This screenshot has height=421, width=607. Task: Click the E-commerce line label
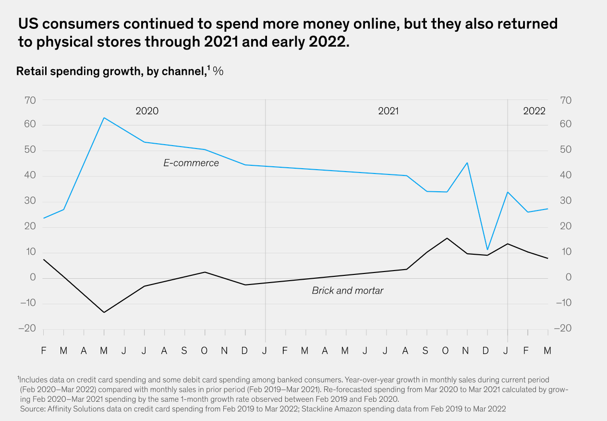191,163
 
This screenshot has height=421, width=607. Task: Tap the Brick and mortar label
348,291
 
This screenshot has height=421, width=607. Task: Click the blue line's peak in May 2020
104,118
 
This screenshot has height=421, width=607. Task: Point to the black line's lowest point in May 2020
104,312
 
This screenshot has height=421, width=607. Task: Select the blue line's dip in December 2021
487,249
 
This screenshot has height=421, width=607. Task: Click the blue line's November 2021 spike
467,163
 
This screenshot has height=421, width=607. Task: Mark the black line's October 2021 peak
447,238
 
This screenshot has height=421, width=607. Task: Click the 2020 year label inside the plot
147,111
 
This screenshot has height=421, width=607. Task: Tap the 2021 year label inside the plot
388,111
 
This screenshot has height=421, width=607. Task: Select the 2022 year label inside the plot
534,111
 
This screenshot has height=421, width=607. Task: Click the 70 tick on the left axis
30,100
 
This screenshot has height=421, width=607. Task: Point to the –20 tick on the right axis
563,328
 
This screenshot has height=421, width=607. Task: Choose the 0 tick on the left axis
33,277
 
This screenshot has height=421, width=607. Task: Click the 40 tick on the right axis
566,175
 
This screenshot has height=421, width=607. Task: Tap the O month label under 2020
204,351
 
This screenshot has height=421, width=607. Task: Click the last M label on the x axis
547,351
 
